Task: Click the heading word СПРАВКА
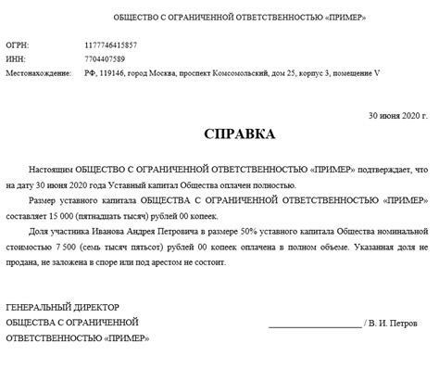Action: coord(239,135)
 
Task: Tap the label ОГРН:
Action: coord(17,45)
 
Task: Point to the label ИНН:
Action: coord(15,58)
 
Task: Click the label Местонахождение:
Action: coord(39,71)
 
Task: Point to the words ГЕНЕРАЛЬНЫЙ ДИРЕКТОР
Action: coord(62,307)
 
